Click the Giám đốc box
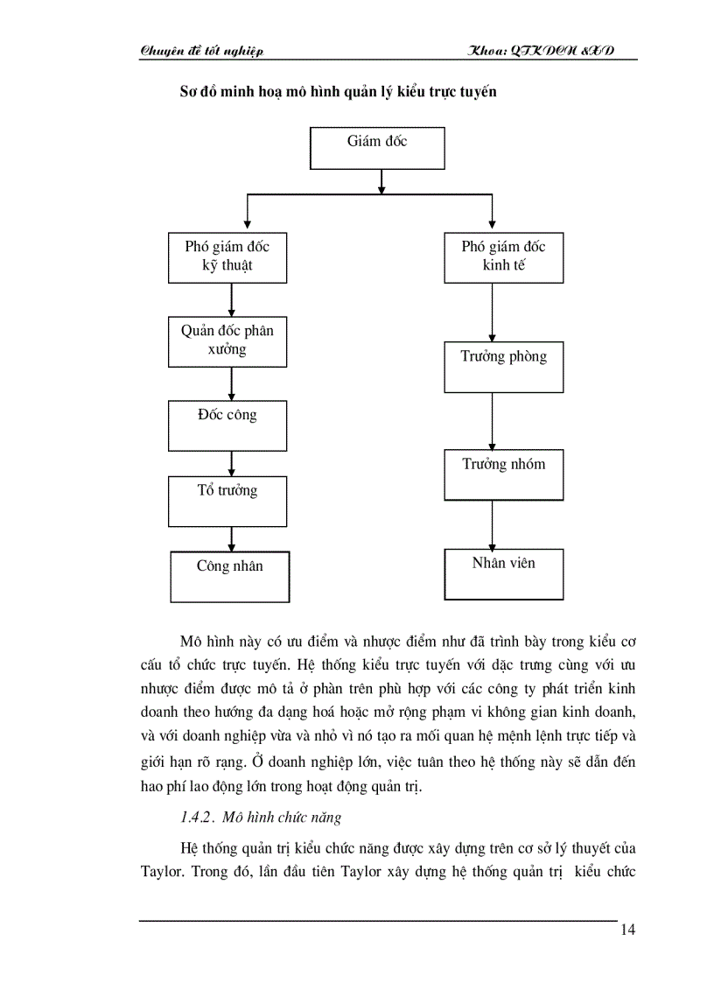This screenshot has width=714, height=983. click(x=377, y=147)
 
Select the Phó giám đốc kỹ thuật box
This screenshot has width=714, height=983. click(x=227, y=256)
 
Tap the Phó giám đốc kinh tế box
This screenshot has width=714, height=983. click(x=503, y=256)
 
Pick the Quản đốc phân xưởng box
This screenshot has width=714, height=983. click(x=227, y=341)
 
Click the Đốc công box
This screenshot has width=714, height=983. click(x=227, y=425)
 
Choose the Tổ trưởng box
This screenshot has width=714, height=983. click(x=227, y=501)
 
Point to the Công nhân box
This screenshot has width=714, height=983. click(x=229, y=576)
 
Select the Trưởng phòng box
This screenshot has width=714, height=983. click(x=503, y=366)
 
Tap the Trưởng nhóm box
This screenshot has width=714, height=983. click(x=503, y=474)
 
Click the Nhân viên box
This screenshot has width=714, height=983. click(x=503, y=573)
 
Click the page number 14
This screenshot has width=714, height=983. click(x=627, y=930)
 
